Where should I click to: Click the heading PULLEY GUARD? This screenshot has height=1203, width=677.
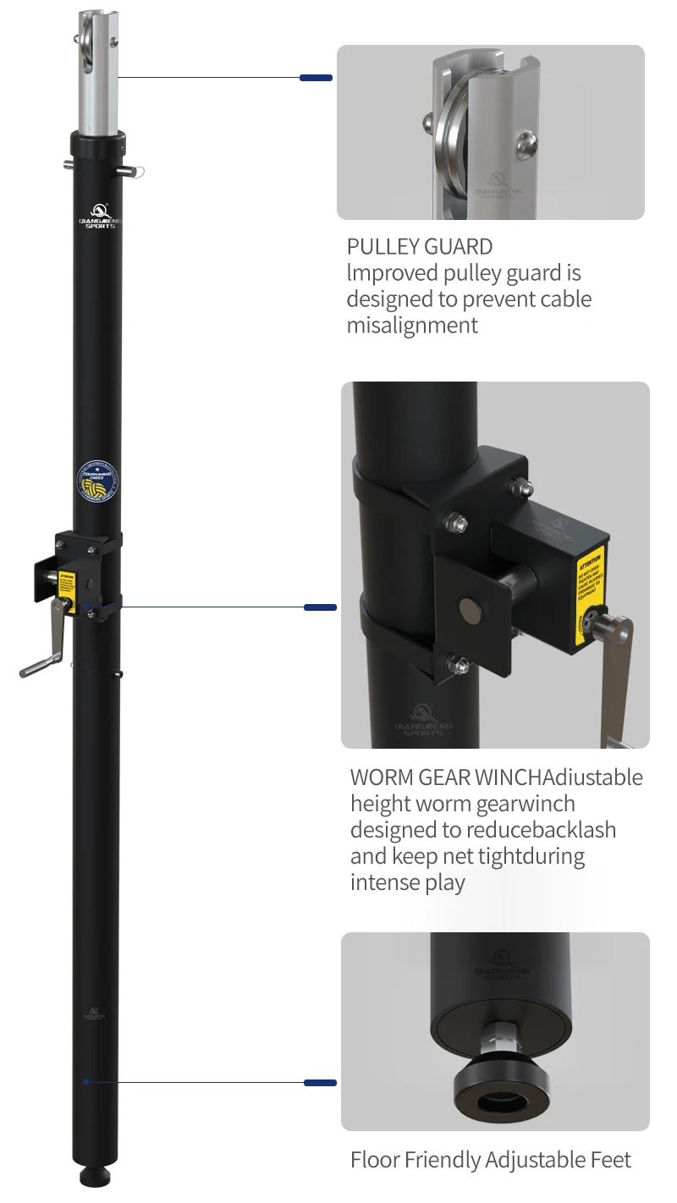[x=420, y=247]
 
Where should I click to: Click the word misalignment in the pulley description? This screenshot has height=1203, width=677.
[x=412, y=325]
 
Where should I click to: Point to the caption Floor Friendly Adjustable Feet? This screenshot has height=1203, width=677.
[x=491, y=1160]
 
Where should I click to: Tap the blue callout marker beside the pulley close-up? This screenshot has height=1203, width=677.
[x=316, y=78]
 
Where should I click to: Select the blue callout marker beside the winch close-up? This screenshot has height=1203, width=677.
[x=320, y=607]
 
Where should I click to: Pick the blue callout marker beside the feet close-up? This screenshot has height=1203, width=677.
[x=320, y=1083]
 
